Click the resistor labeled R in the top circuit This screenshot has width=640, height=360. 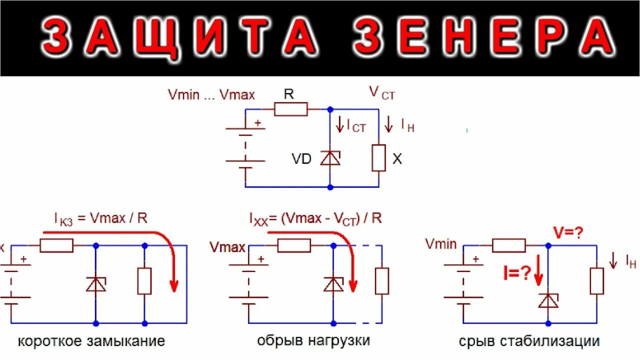click(291, 108)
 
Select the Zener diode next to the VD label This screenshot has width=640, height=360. click(330, 158)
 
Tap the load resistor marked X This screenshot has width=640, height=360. click(378, 158)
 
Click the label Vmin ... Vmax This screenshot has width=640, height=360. click(211, 94)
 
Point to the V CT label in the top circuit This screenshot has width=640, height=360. click(381, 93)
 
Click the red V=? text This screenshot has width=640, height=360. click(567, 232)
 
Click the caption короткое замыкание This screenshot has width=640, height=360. click(91, 341)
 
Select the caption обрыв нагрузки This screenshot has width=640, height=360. click(313, 341)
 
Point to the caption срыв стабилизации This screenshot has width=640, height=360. click(529, 341)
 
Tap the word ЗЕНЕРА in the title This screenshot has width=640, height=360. click(483, 38)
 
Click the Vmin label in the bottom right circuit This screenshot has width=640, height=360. click(441, 244)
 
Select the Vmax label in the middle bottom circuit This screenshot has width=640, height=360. click(227, 247)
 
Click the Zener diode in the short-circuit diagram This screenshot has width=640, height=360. click(95, 283)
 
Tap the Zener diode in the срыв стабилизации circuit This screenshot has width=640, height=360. click(548, 300)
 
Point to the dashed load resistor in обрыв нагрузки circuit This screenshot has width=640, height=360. click(381, 280)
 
